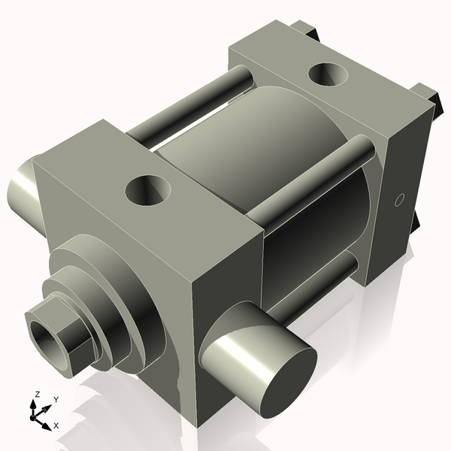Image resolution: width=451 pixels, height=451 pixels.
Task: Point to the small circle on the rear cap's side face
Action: (x=400, y=200)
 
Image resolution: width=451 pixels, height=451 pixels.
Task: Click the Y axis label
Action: (x=56, y=399)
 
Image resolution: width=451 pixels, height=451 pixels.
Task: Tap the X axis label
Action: (x=56, y=425)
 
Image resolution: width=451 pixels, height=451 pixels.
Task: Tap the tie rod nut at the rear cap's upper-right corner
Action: (x=430, y=96)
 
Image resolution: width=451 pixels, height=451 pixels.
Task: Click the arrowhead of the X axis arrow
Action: (x=47, y=425)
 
